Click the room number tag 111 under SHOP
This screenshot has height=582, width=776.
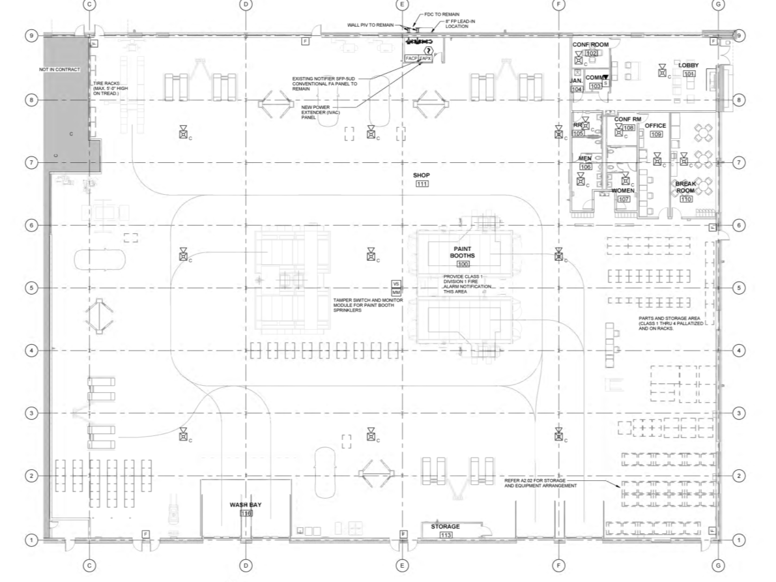[x=422, y=184]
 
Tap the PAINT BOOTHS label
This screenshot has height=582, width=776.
[x=463, y=252]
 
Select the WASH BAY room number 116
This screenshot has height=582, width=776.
[x=246, y=514]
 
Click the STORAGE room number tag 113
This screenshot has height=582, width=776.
[x=446, y=535]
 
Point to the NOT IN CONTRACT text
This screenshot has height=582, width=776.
[x=59, y=68]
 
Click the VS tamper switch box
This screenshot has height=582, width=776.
[x=395, y=284]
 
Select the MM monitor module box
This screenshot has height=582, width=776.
[x=395, y=292]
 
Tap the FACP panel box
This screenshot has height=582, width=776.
[x=411, y=59]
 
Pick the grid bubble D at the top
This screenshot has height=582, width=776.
[x=246, y=5]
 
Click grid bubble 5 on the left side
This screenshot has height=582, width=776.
[x=31, y=287]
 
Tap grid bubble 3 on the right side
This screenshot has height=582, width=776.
[x=738, y=413]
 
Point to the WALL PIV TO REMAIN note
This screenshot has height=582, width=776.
[x=370, y=25]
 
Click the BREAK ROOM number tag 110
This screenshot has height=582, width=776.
[x=685, y=199]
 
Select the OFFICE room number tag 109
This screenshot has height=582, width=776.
[x=655, y=134]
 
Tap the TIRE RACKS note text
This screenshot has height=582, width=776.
[x=111, y=89]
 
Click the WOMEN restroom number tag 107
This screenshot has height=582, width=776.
[x=624, y=199]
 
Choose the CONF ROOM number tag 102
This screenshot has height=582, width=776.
[x=592, y=53]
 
